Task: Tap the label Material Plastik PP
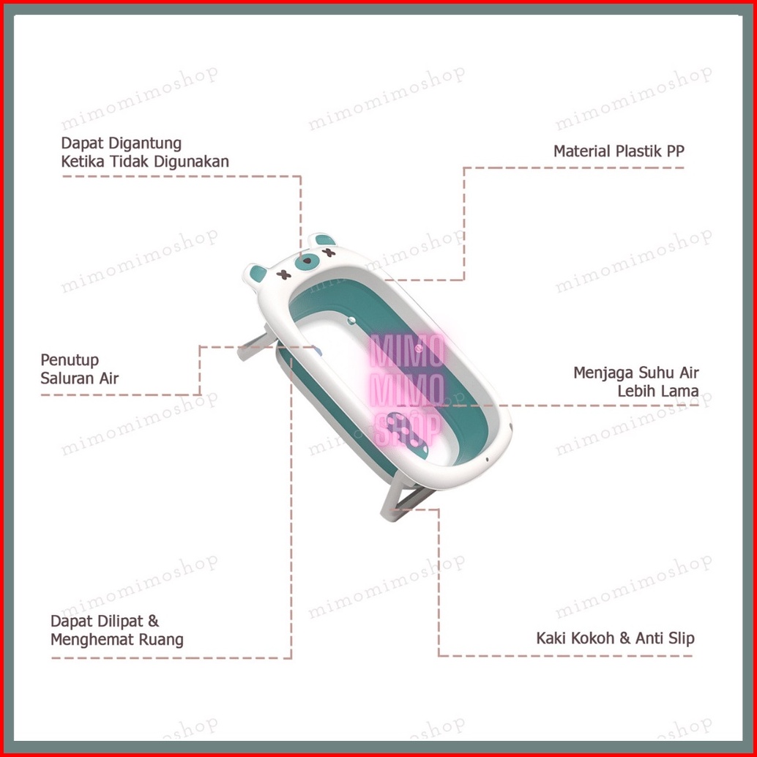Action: point(619,152)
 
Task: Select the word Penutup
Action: point(70,360)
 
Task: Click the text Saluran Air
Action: point(79,378)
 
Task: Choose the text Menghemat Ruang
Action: point(116,640)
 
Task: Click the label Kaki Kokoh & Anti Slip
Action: point(615,638)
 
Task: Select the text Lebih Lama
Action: point(657,391)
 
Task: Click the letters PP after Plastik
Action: point(674,152)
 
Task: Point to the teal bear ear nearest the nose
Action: point(320,241)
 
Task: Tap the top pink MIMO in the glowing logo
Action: point(407,353)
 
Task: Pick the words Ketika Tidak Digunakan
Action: point(145,162)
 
